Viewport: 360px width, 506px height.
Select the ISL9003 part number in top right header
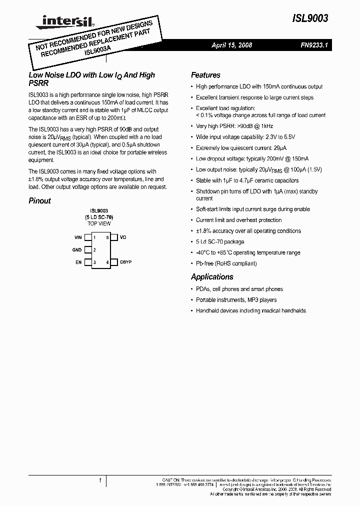310,19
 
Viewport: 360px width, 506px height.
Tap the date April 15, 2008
231,45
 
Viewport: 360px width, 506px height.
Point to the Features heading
205,75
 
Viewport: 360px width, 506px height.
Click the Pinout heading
39,201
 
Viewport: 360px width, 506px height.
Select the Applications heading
212,277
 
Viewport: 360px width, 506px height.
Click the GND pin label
77,249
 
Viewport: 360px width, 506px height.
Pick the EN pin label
78,262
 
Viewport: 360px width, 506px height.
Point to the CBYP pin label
125,262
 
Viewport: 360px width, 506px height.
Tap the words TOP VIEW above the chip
99,223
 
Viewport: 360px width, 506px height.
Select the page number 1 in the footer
100,481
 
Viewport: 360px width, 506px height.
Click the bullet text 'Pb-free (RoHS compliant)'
226,263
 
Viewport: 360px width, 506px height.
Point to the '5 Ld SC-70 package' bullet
220,242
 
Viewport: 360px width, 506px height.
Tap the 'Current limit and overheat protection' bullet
238,220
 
